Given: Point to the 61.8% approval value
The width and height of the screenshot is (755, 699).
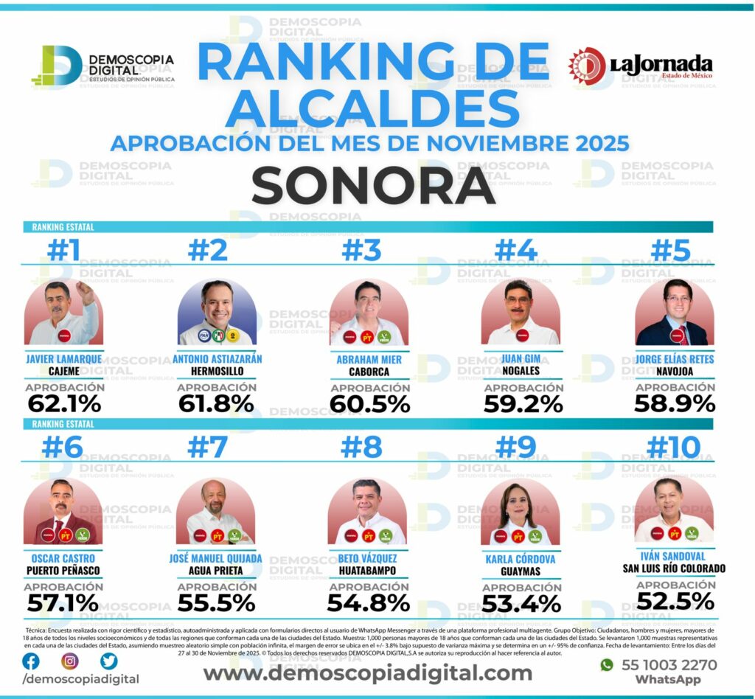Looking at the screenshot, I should (216, 403).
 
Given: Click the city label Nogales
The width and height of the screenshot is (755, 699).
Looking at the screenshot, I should (523, 371).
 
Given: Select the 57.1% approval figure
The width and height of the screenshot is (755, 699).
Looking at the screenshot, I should (63, 602).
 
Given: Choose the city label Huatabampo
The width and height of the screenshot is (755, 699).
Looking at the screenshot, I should (368, 570).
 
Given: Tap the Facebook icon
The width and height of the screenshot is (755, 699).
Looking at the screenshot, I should (31, 661).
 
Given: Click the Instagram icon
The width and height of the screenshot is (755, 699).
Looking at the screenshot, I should (69, 661).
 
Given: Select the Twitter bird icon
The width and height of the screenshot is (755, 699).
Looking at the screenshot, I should (108, 661).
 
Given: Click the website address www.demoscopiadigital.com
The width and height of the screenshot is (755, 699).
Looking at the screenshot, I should (367, 672).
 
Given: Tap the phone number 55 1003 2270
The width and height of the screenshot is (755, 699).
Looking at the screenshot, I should (669, 664).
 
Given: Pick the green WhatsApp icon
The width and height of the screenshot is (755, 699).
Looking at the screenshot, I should (607, 664).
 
